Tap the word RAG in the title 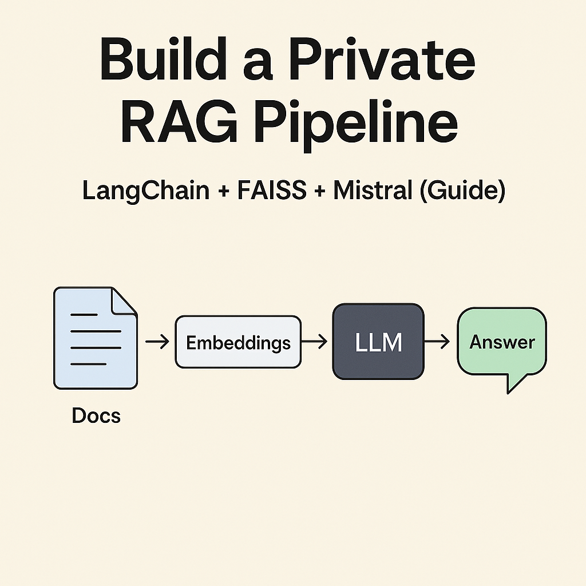179,121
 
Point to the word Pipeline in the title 357,125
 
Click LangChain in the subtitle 146,191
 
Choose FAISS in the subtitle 272,190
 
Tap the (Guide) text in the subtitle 462,191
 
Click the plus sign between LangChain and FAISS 224,192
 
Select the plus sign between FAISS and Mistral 320,192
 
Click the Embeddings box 238,342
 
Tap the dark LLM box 378,342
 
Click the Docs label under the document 96,415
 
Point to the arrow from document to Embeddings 157,342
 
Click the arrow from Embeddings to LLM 314,342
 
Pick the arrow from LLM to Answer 437,342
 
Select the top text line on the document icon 84,315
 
